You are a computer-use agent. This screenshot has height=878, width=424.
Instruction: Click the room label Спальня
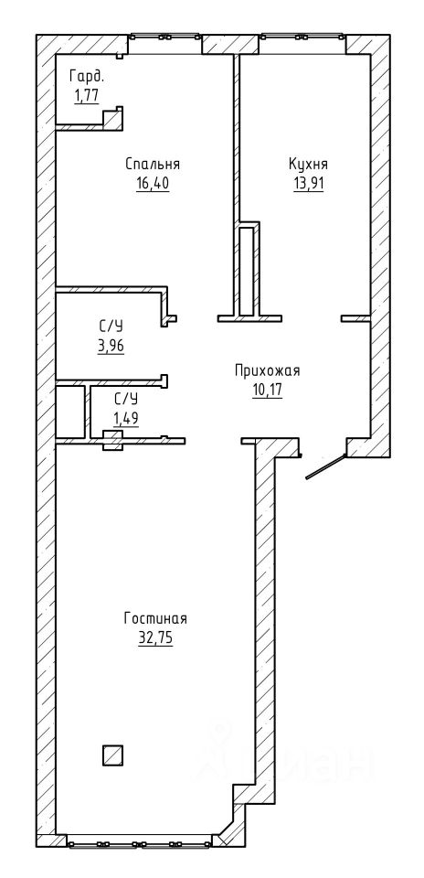(x=153, y=165)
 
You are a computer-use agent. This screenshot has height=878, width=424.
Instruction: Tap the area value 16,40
(x=153, y=183)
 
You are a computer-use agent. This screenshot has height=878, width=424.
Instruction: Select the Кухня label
(x=308, y=165)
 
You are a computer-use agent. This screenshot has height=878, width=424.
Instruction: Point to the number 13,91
(x=309, y=183)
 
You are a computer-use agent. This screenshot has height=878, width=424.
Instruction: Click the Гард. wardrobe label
(x=87, y=76)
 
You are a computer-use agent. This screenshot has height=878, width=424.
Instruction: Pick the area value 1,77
(x=86, y=95)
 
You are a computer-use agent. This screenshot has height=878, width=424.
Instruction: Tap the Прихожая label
(x=268, y=370)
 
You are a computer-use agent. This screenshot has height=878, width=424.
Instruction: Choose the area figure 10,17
(x=267, y=390)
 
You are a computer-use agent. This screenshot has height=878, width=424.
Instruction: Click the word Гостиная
(x=155, y=619)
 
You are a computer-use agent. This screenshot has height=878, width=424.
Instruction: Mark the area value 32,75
(x=155, y=638)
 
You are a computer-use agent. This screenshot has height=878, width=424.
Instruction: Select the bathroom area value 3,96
(x=111, y=346)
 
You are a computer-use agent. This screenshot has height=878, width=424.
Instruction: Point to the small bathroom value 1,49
(x=126, y=417)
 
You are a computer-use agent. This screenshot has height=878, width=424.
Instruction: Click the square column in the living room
(x=112, y=755)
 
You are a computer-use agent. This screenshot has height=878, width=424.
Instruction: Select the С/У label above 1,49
(x=126, y=399)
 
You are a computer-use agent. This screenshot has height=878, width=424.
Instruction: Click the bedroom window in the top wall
(x=165, y=37)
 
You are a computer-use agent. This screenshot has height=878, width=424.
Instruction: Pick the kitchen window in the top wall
(x=302, y=37)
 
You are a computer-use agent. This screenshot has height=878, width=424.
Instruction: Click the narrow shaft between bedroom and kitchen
(x=246, y=271)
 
